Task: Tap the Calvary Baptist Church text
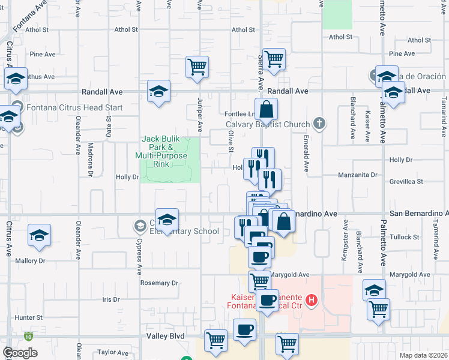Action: coord(268,124)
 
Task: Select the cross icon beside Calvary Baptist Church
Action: coord(319,124)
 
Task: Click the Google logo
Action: coord(20,352)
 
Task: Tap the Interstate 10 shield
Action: coord(29,337)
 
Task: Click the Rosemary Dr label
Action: coord(159,283)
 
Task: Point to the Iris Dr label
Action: coord(111,299)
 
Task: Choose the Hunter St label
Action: coord(29,317)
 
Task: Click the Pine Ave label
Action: coord(42,54)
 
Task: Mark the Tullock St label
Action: coord(404,236)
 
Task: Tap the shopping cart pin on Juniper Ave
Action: coord(197,67)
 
